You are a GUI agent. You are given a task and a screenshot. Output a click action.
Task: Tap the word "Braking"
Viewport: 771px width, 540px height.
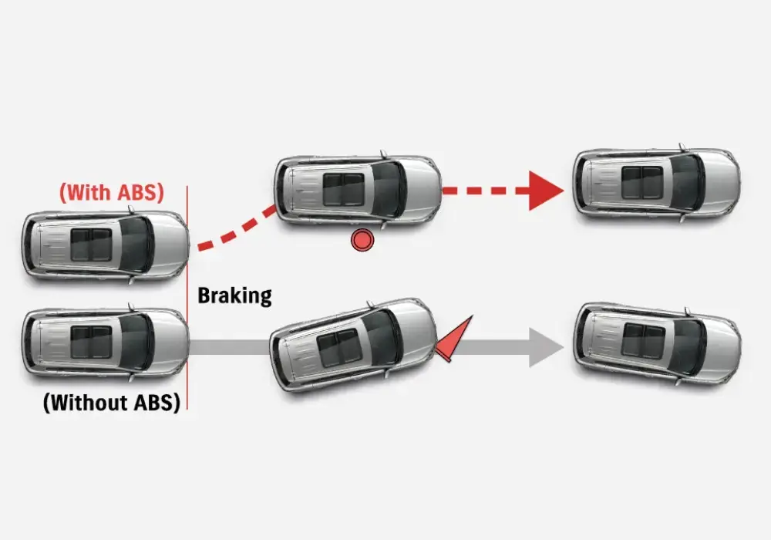[234, 295]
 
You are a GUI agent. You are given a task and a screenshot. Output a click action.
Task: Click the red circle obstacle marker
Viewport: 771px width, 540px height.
[362, 240]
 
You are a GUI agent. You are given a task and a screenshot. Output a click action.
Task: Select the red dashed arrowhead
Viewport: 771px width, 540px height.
[546, 191]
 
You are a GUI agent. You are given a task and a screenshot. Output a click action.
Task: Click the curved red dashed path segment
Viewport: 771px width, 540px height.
[235, 231]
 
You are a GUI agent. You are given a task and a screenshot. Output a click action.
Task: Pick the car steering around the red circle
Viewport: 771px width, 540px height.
[359, 189]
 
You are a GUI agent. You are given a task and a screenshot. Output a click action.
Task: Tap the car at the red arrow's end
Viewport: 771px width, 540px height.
[656, 183]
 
